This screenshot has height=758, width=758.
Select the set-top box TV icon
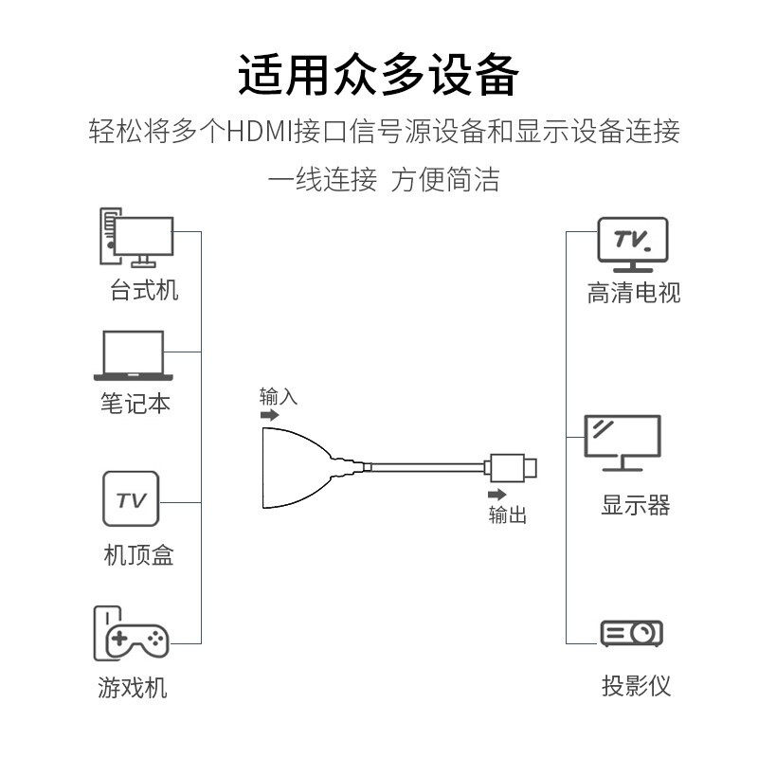131,499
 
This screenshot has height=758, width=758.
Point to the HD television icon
633,242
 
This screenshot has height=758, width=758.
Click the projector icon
632,633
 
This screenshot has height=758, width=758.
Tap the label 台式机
144,291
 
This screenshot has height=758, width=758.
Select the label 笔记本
135,403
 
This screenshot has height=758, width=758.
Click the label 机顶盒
138,554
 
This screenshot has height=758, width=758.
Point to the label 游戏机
133,687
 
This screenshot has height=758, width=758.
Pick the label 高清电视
634,293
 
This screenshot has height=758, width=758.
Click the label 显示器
635,505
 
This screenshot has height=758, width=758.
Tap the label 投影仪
635,685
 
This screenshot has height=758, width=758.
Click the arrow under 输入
270,415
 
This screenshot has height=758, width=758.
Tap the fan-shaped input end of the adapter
289,466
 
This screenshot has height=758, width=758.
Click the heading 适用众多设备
379,76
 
